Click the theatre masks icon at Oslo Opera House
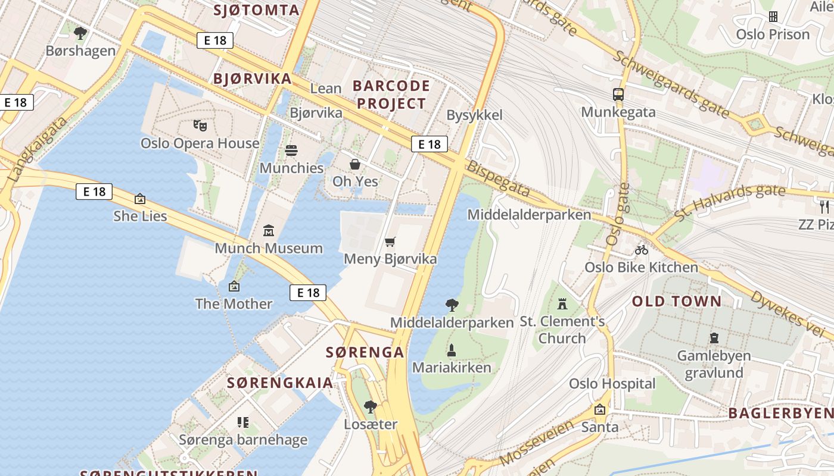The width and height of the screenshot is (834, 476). (x=200, y=126)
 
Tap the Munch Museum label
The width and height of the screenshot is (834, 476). (x=269, y=248)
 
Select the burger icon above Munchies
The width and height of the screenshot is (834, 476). (x=291, y=151)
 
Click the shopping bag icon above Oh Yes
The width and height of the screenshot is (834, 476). (x=355, y=164)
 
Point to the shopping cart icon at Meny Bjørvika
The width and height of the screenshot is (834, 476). (x=390, y=242)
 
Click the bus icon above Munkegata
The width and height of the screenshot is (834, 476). (x=618, y=94)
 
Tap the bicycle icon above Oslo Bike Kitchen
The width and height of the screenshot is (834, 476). (x=641, y=250)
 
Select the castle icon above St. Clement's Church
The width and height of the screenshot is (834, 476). (x=562, y=304)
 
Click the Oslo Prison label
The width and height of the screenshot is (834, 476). (x=773, y=34)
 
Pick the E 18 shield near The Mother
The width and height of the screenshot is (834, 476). (x=309, y=292)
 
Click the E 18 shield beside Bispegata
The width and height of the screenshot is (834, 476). (x=429, y=144)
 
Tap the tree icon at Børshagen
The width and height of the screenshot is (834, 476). (x=80, y=33)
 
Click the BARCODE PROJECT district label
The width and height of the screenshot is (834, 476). (x=391, y=94)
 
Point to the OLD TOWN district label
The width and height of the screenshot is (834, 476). (x=677, y=301)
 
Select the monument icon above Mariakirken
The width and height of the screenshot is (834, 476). (x=452, y=350)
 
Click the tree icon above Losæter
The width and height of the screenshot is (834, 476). (x=371, y=407)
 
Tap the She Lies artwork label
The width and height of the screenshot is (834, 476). (x=140, y=216)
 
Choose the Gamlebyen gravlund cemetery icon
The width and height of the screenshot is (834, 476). (x=714, y=338)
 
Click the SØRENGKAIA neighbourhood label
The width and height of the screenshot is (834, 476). (x=280, y=383)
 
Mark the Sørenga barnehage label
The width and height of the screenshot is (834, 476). (x=243, y=440)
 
